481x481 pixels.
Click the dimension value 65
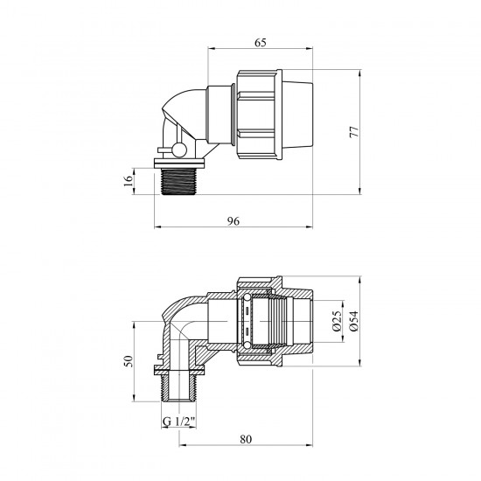pyautogui.click(x=260, y=43)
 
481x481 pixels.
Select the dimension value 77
pyautogui.click(x=354, y=131)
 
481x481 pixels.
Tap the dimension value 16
pyautogui.click(x=129, y=180)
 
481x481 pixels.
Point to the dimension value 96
pyautogui.click(x=234, y=221)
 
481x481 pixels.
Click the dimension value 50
pyautogui.click(x=129, y=361)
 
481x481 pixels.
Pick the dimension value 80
pyautogui.click(x=246, y=439)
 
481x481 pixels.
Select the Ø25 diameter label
pyautogui.click(x=337, y=321)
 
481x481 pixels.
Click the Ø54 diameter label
pyautogui.click(x=353, y=321)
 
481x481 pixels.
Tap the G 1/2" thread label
pyautogui.click(x=179, y=422)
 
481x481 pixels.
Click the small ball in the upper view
pyautogui.click(x=179, y=150)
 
